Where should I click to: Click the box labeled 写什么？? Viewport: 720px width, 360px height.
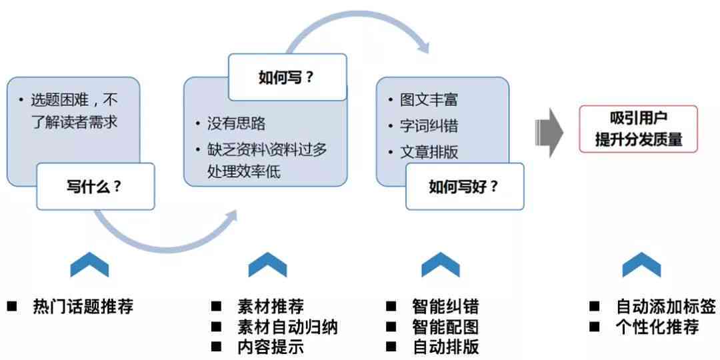[x=95, y=186]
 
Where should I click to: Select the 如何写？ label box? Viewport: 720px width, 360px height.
[x=287, y=77]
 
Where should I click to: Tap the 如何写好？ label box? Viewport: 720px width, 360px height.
[x=464, y=186]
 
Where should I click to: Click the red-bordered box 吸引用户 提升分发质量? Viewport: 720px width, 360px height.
[x=638, y=129]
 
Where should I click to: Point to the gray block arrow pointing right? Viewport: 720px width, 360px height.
[x=549, y=131]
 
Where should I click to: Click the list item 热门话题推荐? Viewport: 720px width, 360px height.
[x=83, y=307]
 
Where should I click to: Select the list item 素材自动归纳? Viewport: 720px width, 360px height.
[x=287, y=327]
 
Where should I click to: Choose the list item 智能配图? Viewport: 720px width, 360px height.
[x=445, y=327]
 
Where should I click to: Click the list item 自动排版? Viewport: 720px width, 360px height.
[x=445, y=347]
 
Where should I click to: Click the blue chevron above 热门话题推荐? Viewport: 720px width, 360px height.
[x=89, y=265]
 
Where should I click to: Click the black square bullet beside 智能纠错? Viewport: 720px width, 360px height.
[x=391, y=307]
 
